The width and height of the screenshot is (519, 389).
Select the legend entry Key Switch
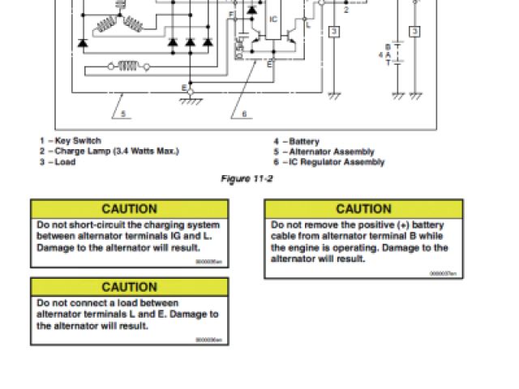coord(78,141)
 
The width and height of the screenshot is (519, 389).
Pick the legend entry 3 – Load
coord(56,162)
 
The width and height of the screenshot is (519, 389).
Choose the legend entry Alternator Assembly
coord(332,152)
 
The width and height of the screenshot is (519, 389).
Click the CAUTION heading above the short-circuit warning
coord(130,209)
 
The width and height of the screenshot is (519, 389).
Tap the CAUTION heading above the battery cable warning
coord(363,209)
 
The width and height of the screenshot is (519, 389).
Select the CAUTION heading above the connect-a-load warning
coord(130,287)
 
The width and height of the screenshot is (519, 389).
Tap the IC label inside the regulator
coord(273,16)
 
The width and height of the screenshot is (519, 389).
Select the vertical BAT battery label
coord(388,57)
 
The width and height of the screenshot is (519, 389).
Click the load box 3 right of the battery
coord(414,31)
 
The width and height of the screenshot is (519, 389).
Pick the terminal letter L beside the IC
coord(307,26)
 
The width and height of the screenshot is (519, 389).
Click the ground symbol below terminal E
coord(191,100)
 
